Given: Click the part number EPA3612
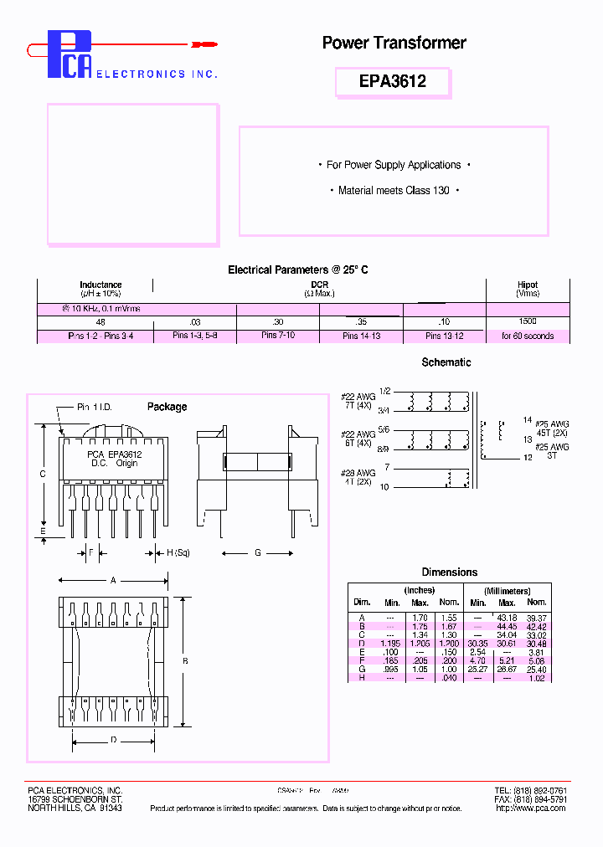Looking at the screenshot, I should point(392,81).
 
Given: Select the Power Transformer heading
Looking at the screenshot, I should point(394,43).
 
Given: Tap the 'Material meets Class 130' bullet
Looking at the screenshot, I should point(394,191).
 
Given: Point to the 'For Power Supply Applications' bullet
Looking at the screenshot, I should point(394,165).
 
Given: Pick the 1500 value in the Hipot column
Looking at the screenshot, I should point(528,321).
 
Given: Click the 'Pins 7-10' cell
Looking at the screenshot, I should point(278,336).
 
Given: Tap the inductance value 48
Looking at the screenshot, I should point(100,321).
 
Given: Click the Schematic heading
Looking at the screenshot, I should point(446,362).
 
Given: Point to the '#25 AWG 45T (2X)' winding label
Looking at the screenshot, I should point(552,428).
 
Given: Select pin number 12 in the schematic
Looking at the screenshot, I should point(528,458).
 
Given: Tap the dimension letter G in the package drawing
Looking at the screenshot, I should point(258,553).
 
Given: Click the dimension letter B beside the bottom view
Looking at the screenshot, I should point(185,661).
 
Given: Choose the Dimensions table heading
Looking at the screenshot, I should point(450,572).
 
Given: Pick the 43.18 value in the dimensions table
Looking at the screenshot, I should point(508,618).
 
